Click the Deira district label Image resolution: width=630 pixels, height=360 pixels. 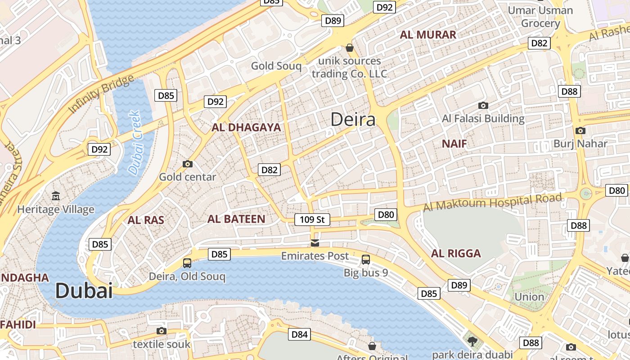(x=353, y=120)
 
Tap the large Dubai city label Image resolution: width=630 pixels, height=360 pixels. (x=84, y=291)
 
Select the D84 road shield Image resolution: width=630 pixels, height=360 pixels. (x=299, y=334)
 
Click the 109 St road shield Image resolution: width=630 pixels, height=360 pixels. (x=312, y=220)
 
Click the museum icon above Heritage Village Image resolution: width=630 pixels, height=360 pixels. (x=55, y=196)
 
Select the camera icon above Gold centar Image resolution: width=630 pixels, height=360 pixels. (x=188, y=164)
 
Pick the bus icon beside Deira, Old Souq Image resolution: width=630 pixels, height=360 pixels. (x=187, y=263)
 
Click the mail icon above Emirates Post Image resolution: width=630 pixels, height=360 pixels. (x=315, y=243)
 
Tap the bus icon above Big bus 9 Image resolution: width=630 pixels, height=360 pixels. (x=366, y=260)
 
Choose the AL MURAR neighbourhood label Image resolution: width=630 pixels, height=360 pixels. (x=428, y=35)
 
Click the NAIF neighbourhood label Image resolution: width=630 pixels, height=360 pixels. (x=454, y=144)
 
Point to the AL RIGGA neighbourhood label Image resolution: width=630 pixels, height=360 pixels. (x=456, y=253)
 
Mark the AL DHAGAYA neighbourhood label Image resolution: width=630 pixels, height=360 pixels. (x=246, y=127)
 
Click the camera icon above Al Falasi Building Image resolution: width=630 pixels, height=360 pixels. (x=483, y=106)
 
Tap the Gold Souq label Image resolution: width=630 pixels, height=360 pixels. (x=276, y=66)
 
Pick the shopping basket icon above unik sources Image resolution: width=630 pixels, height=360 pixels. (x=350, y=48)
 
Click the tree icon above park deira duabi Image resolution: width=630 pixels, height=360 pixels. (x=472, y=342)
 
